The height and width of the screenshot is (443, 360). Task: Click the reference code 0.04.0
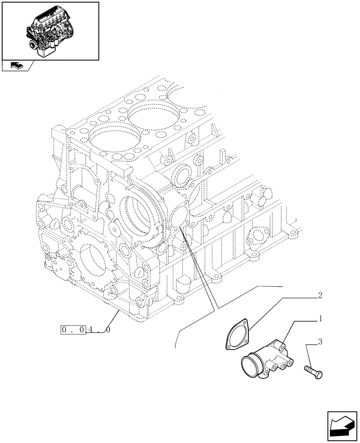(85, 330)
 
